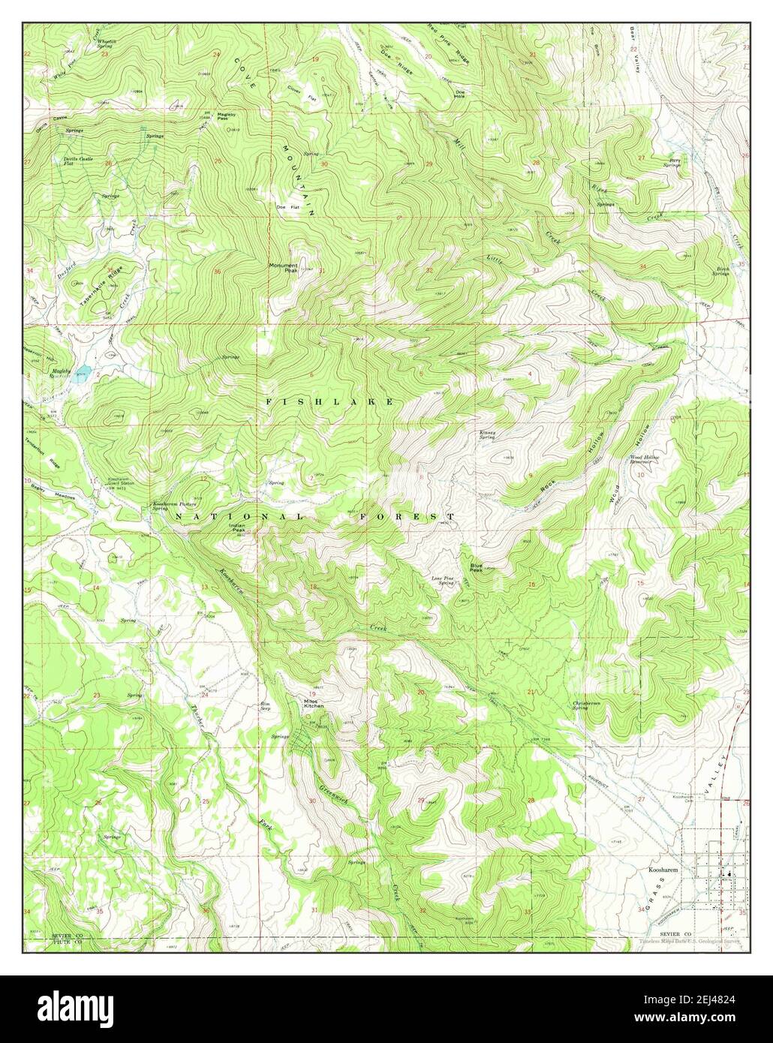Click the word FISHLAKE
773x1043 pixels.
coord(329,402)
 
